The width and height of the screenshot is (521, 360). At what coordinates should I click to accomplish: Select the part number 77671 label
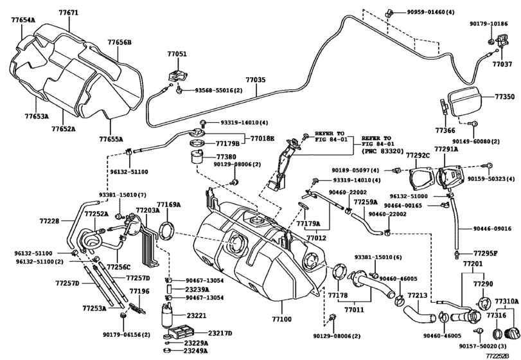[69, 13]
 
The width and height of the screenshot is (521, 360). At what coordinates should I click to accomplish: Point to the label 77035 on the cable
[256, 80]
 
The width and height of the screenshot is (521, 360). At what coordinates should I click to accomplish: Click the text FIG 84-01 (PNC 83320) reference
[382, 147]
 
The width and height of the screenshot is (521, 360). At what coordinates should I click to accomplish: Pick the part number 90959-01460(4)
[430, 12]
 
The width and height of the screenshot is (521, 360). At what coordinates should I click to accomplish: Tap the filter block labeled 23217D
[181, 331]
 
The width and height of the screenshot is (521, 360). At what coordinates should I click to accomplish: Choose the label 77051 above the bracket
[177, 54]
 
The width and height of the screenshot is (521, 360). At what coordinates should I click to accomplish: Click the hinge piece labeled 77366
[445, 106]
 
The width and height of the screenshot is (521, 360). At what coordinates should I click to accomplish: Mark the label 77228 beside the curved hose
[49, 221]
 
